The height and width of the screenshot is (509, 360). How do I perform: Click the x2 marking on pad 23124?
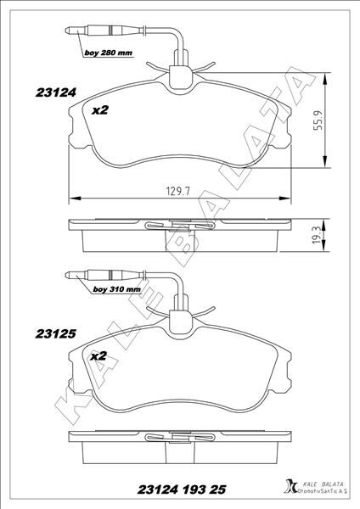[100, 109]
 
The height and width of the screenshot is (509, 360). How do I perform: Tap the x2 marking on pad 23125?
[98, 357]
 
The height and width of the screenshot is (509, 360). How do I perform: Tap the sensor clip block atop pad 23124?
[181, 76]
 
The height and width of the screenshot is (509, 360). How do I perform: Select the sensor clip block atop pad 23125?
[181, 322]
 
